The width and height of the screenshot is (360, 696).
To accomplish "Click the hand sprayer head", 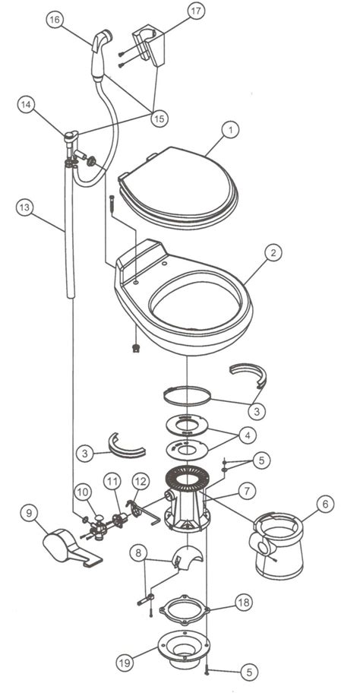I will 99,53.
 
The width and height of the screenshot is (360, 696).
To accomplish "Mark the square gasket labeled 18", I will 187,607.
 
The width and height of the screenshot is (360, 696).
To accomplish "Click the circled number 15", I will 159,118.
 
